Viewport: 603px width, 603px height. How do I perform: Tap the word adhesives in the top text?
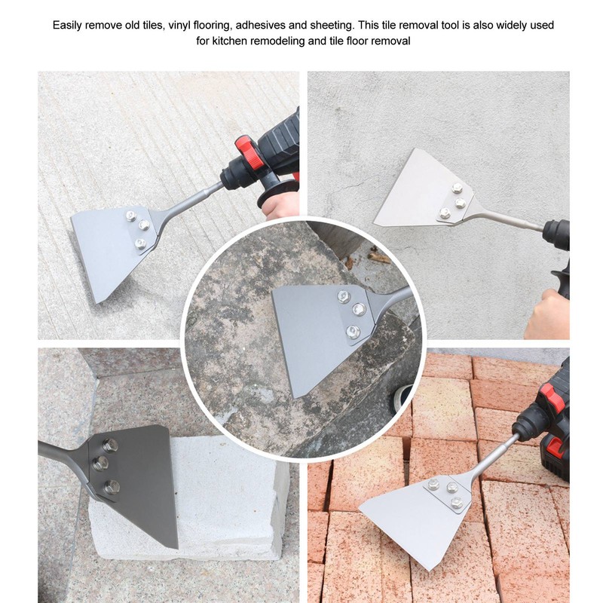(x=288, y=25)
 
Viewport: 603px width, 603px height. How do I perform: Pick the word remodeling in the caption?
(x=280, y=41)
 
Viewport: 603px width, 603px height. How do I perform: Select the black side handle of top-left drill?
(x=271, y=192)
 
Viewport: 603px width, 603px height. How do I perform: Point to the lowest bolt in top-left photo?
(x=140, y=243)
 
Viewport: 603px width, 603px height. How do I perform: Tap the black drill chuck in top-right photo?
(x=556, y=234)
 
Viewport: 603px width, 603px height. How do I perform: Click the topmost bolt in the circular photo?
(x=344, y=296)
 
